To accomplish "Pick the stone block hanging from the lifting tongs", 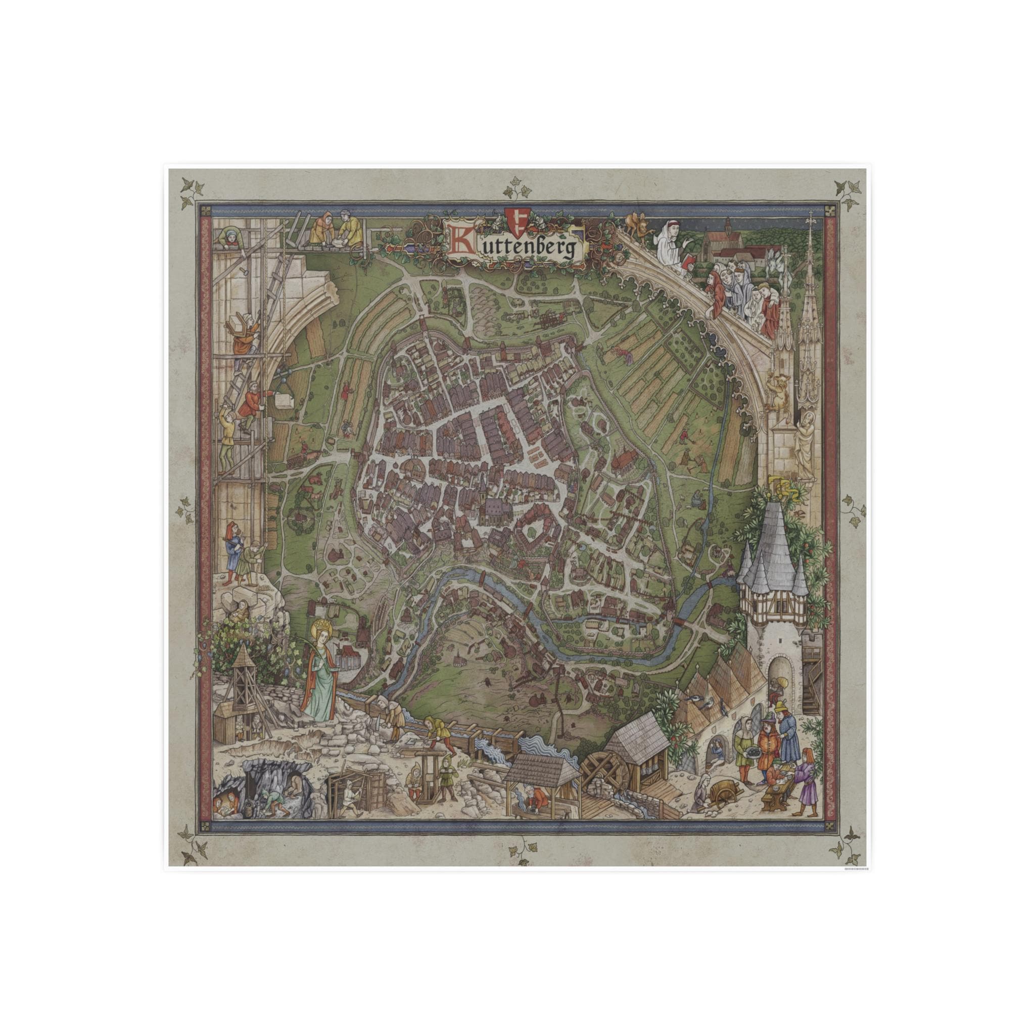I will (x=284, y=401).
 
